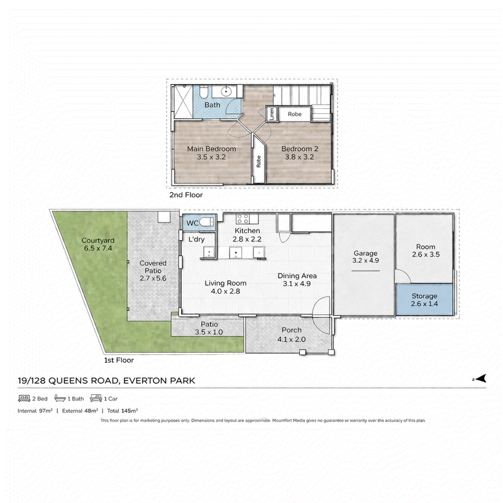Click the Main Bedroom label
[x=211, y=149]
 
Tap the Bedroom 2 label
[x=300, y=149]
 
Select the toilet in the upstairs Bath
[x=204, y=91]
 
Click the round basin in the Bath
[x=226, y=91]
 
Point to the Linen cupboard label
[x=272, y=114]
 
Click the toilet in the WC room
[x=207, y=222]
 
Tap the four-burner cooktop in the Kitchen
[x=243, y=219]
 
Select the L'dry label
[x=196, y=240]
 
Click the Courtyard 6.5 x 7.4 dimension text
[x=98, y=248]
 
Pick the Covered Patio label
[x=153, y=267]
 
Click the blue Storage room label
[x=424, y=296]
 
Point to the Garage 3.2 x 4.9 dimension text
[x=365, y=260]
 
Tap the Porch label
[x=291, y=330]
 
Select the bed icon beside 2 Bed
[x=24, y=399]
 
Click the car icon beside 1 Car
[x=96, y=399]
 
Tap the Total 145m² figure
[x=123, y=411]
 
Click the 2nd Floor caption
[x=186, y=195]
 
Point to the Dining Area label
[x=297, y=276]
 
